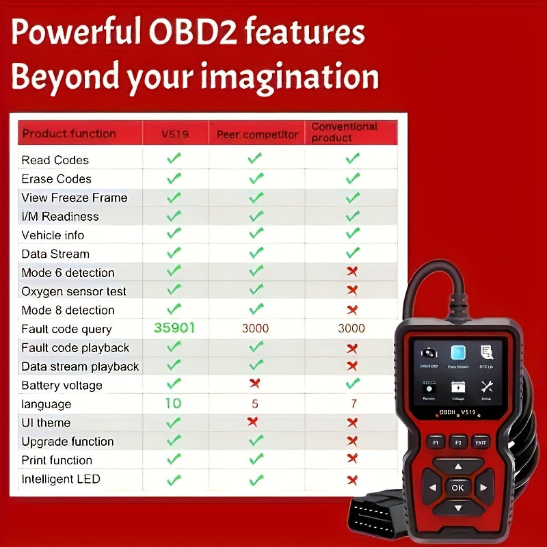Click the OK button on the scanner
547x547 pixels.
coord(457,488)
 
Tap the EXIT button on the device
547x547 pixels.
coord(481,442)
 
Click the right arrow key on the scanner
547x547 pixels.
coord(483,488)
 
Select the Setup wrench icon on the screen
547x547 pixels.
coord(487,388)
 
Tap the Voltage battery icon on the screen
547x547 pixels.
coord(457,388)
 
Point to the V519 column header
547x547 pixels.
coord(174,134)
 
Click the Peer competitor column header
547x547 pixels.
coord(258,134)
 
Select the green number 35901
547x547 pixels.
coord(174,328)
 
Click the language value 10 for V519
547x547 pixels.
coord(174,403)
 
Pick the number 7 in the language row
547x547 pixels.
coord(353,404)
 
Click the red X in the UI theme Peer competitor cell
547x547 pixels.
coord(254,421)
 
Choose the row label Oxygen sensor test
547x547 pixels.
coord(74,291)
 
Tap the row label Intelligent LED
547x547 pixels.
coord(61,479)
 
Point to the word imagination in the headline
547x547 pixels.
coord(287,77)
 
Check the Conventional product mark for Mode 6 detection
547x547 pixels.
coord(352,271)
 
